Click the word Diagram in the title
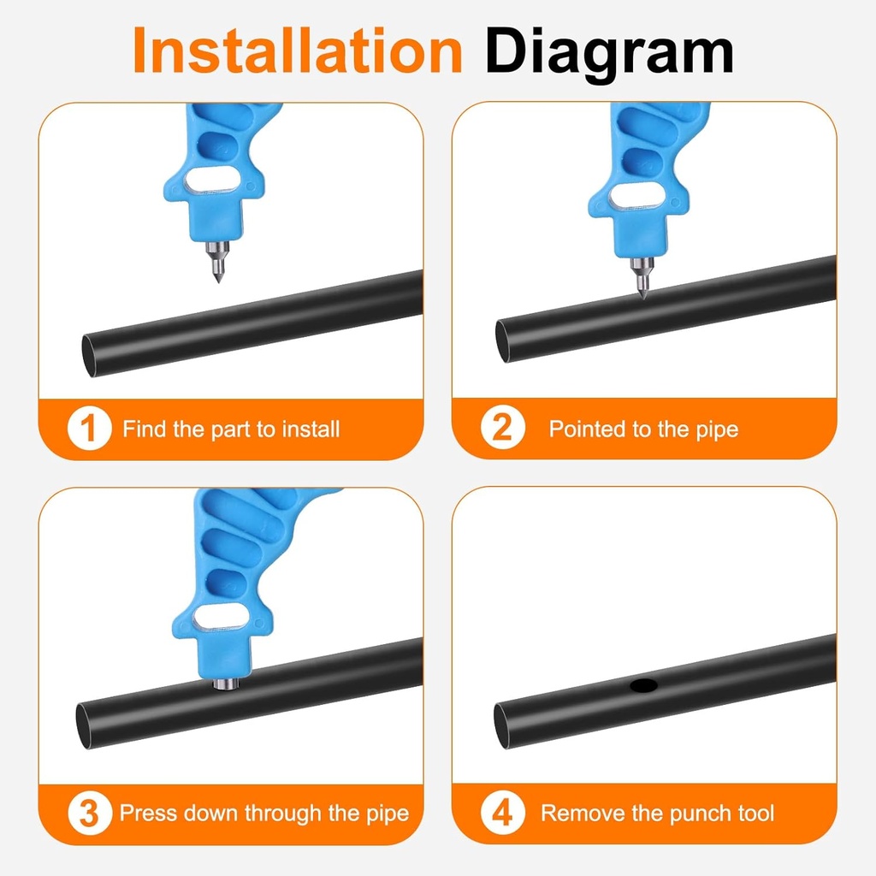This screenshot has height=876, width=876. point(609,51)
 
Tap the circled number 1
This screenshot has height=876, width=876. point(89,429)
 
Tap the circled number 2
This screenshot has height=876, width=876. point(501,429)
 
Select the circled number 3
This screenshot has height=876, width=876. point(89,813)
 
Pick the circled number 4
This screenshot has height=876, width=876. point(501,813)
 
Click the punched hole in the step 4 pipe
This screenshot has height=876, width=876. point(642,685)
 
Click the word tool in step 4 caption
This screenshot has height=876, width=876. point(755,813)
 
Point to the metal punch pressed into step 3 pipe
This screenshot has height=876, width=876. point(225,683)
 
